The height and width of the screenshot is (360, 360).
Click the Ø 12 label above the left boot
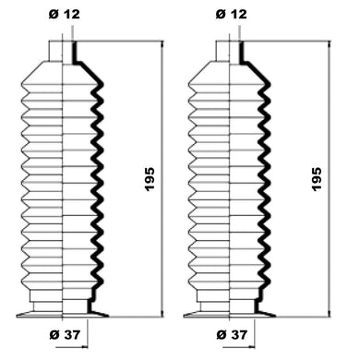click(x=65, y=14)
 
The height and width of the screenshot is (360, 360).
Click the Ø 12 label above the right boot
click(x=232, y=14)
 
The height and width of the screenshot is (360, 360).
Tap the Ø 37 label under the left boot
click(x=65, y=335)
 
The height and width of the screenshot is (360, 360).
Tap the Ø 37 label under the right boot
click(x=232, y=335)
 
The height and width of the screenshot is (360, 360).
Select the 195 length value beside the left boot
click(x=150, y=179)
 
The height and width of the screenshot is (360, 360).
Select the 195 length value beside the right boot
click(x=317, y=179)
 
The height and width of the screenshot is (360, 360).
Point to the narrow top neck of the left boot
click(x=63, y=51)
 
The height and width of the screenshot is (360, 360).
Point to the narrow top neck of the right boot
click(x=230, y=51)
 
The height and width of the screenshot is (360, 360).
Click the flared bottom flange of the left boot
click(x=63, y=314)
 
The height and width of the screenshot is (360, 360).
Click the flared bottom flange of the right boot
click(x=230, y=314)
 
